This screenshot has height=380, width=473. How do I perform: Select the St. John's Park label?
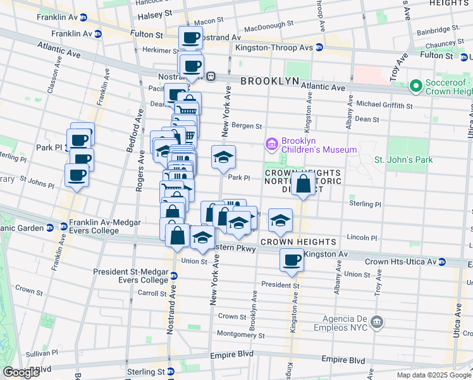pyautogui.click(x=403, y=160)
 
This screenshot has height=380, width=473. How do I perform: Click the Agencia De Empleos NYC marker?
pyautogui.click(x=378, y=322)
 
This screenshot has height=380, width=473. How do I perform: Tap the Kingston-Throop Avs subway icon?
pyautogui.click(x=319, y=47)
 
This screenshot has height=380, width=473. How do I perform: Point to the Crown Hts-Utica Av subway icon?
pyautogui.click(x=442, y=262)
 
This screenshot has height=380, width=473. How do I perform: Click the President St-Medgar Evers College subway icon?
pyautogui.click(x=173, y=275)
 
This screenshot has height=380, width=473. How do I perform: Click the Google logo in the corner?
pyautogui.click(x=21, y=372)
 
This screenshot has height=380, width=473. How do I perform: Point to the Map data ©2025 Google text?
pyautogui.click(x=433, y=375)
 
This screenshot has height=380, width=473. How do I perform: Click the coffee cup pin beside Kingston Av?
pyautogui.click(x=292, y=260)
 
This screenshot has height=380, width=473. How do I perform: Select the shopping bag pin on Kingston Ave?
pyautogui.click(x=304, y=184)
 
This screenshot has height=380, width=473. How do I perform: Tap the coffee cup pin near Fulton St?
pyautogui.click(x=190, y=39)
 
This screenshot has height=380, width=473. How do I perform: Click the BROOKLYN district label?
pyautogui.click(x=269, y=81)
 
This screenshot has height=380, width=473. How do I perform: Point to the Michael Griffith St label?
pyautogui.click(x=384, y=104)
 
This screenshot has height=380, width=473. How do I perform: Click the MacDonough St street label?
pyautogui.click(x=269, y=27)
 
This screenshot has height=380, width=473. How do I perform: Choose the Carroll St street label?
pyautogui.click(x=152, y=294)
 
